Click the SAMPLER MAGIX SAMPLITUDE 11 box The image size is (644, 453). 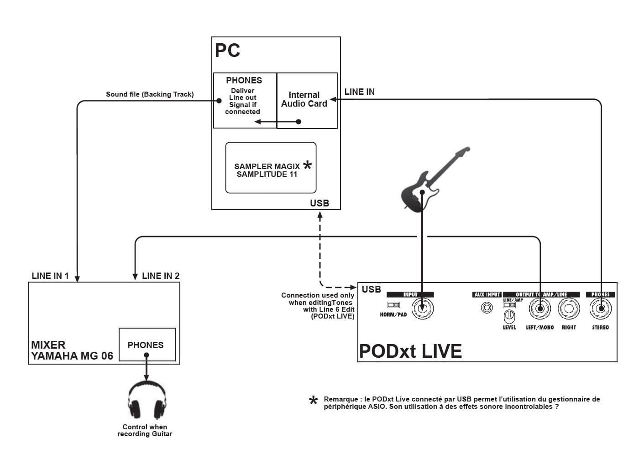click(271, 168)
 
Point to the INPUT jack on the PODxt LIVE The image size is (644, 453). click(423, 309)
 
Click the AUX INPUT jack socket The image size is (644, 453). click(487, 308)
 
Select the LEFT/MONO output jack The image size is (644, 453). click(540, 309)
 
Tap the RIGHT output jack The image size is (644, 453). click(569, 309)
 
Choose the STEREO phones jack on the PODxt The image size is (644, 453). click(601, 309)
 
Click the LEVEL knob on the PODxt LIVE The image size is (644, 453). click(509, 315)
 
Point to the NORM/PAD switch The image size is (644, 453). click(393, 304)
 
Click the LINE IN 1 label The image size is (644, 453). click(50, 276)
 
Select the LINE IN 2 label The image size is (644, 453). click(161, 276)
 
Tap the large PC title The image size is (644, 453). click(227, 51)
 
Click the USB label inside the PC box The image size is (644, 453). click(319, 203)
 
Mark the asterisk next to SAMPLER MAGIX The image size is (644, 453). click(308, 165)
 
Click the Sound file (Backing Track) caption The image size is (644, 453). click(150, 94)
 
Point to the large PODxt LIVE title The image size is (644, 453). click(410, 351)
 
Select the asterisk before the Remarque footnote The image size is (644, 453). click(313, 401)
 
